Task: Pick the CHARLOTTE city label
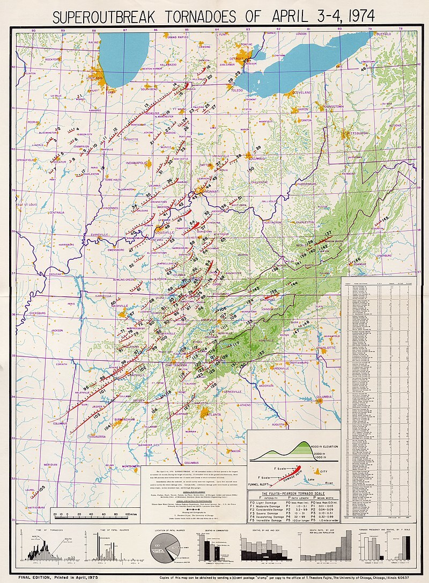[x=322, y=347]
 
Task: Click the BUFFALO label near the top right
[x=384, y=33]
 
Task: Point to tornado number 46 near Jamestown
[x=363, y=69]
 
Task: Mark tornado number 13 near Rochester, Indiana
[x=146, y=105]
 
